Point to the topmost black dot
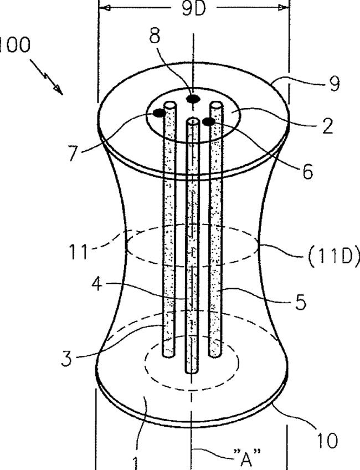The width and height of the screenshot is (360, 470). (192, 99)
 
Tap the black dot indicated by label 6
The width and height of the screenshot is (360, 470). (209, 121)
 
